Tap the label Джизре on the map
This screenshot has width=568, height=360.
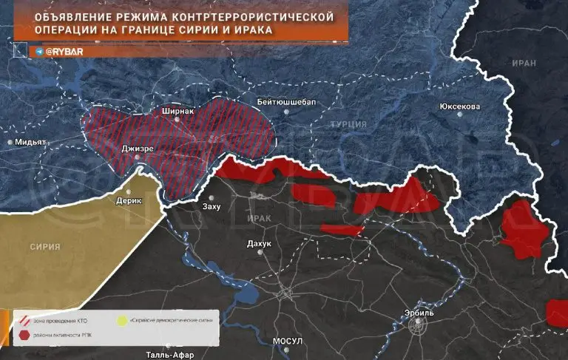pyautogui.click(x=138, y=148)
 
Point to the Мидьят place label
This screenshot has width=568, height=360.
pyautogui.click(x=31, y=142)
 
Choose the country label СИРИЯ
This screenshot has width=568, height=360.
pyautogui.click(x=45, y=246)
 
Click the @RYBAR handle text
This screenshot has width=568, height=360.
pyautogui.click(x=64, y=52)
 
